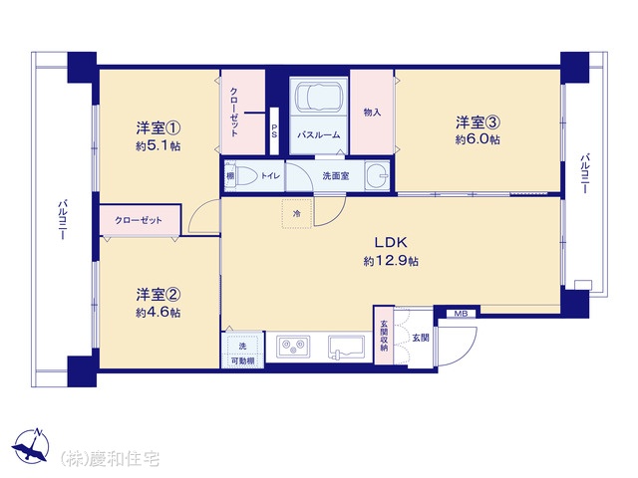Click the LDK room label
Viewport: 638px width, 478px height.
[391, 243]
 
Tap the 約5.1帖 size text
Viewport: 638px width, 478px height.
[159, 146]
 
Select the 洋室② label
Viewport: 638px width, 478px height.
[159, 295]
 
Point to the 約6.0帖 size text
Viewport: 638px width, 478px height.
[478, 139]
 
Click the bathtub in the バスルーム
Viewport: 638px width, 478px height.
[318, 98]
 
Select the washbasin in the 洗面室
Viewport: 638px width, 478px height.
[377, 175]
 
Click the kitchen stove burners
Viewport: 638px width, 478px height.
[293, 346]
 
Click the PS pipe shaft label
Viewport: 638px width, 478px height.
[275, 130]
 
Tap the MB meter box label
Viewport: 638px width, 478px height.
[461, 314]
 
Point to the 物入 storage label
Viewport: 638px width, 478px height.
[372, 112]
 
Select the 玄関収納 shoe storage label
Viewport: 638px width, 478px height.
[384, 336]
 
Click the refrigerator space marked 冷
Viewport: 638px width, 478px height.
[297, 213]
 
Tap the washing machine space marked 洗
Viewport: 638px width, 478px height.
[242, 346]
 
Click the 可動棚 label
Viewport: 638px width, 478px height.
[242, 360]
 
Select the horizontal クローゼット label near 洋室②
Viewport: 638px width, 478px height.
[139, 220]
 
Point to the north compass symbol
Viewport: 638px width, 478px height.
[31, 446]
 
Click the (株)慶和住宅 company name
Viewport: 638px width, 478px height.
[110, 458]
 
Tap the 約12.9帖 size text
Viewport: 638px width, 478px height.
[391, 261]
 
